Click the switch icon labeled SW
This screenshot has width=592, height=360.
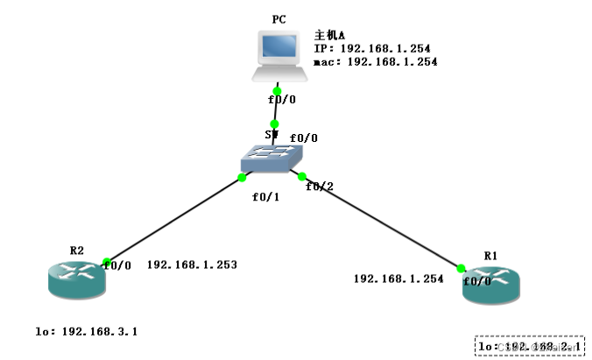[x=272, y=157]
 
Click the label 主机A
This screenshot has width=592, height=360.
[x=329, y=36]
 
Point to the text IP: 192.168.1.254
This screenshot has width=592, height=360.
[x=372, y=49]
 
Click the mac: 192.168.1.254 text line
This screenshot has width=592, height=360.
[x=375, y=62]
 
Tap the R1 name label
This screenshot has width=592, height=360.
[x=490, y=255]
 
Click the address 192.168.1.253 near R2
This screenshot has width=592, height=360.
[x=192, y=264]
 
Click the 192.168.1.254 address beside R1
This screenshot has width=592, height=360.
[x=398, y=278]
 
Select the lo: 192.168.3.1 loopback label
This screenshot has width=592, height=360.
[x=87, y=332]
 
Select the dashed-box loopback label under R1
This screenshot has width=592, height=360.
[x=530, y=347]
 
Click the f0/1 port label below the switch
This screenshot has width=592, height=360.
[x=264, y=196]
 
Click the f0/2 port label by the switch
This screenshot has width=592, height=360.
[x=320, y=186]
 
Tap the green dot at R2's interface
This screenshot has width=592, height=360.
[x=106, y=262]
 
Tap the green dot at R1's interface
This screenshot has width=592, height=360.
[x=461, y=269]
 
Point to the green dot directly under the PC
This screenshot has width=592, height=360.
[x=277, y=91]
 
